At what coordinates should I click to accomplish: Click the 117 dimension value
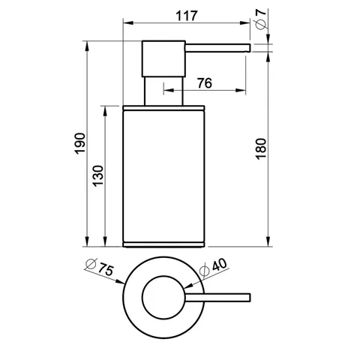tap(187, 16)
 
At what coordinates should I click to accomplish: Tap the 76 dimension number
tap(205, 83)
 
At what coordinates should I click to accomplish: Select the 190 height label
tap(80, 143)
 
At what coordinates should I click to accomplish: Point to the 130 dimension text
tap(98, 175)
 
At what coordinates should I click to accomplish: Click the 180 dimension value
tap(261, 148)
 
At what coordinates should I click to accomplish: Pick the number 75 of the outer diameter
tap(106, 269)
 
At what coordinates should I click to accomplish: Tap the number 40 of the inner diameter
tap(220, 265)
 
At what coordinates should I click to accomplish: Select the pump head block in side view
tap(163, 58)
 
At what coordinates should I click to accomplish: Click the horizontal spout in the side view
tap(217, 48)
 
